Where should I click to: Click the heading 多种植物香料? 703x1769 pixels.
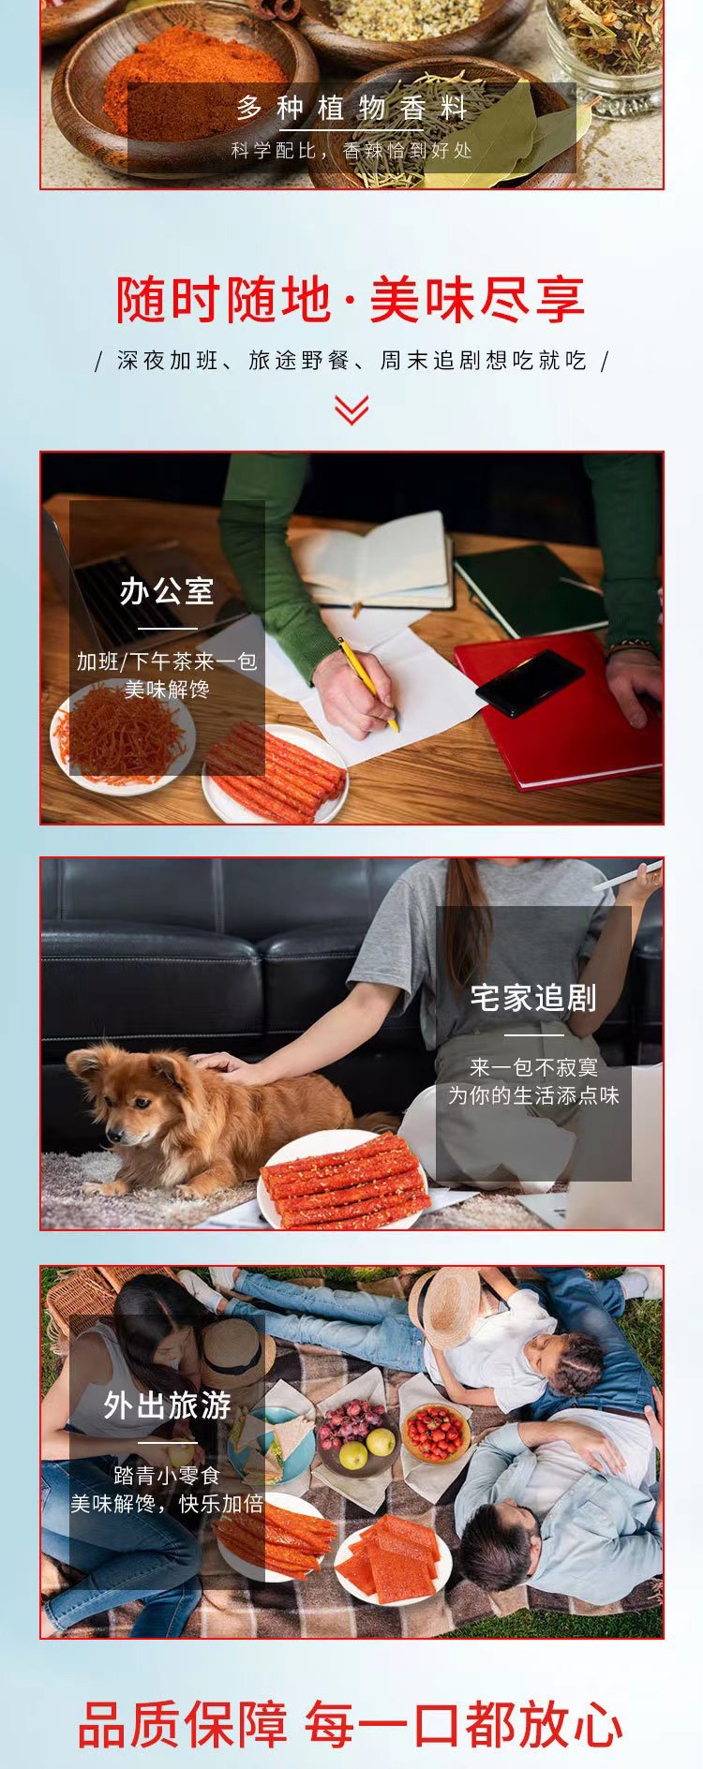point(351,109)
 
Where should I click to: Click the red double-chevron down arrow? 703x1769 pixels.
point(351,409)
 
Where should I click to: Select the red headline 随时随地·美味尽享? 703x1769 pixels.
point(351,300)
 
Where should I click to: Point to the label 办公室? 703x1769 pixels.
point(167,591)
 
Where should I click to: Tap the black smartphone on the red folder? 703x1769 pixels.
point(530,682)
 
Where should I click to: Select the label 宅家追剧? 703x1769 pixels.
point(533,999)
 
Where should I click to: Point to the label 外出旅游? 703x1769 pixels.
point(167,1405)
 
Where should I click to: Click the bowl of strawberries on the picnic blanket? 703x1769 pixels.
point(437,1433)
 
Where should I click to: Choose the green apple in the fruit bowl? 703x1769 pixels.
point(352,1455)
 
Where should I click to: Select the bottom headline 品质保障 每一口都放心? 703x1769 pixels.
point(351,1724)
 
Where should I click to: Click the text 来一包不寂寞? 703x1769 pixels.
point(533,1067)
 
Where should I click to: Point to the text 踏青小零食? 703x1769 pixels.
point(167,1476)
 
